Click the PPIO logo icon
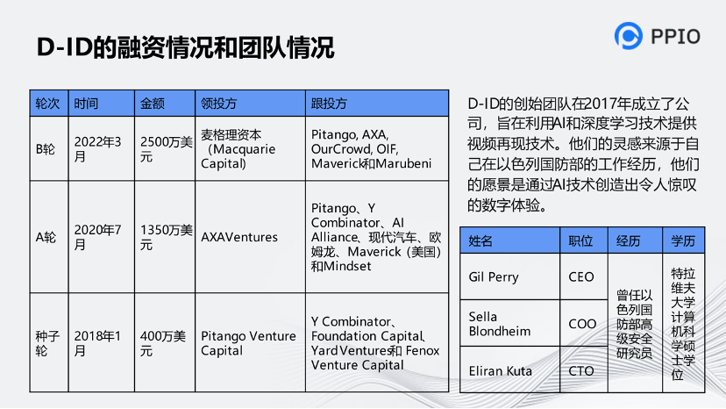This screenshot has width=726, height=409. click(629, 36)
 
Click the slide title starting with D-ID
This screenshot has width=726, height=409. click(185, 47)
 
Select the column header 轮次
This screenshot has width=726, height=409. click(47, 103)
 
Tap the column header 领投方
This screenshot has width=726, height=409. click(219, 103)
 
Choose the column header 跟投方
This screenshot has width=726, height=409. click(329, 103)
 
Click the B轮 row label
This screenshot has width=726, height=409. click(46, 149)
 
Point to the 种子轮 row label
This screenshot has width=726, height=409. click(47, 343)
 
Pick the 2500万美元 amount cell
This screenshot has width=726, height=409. click(165, 149)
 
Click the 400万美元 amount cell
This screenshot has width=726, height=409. click(163, 343)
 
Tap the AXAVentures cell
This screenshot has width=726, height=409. click(239, 237)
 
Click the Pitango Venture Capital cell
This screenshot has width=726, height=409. click(248, 343)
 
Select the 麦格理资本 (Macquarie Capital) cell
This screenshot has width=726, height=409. click(238, 149)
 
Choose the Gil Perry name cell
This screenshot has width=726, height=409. click(494, 276)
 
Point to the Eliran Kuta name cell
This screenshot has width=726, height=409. click(500, 370)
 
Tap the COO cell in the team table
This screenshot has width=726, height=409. click(582, 324)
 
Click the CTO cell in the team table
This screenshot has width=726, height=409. click(581, 370)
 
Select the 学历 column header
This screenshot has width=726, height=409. click(684, 240)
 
